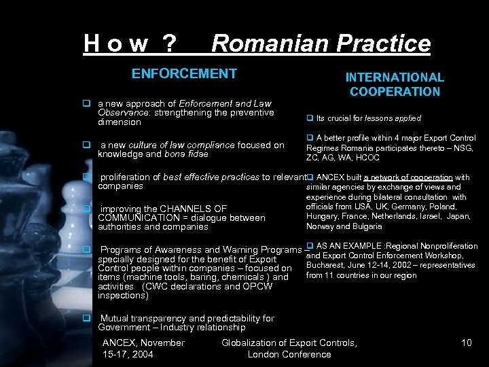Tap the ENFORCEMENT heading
click(x=184, y=73)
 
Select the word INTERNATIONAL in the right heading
click(x=395, y=77)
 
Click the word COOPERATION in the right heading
click(x=395, y=91)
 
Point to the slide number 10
click(x=466, y=343)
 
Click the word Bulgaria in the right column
click(x=367, y=226)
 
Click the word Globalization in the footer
click(x=252, y=343)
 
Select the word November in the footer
click(x=161, y=343)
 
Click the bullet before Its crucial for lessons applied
click(x=310, y=118)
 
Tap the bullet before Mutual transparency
click(x=87, y=318)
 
